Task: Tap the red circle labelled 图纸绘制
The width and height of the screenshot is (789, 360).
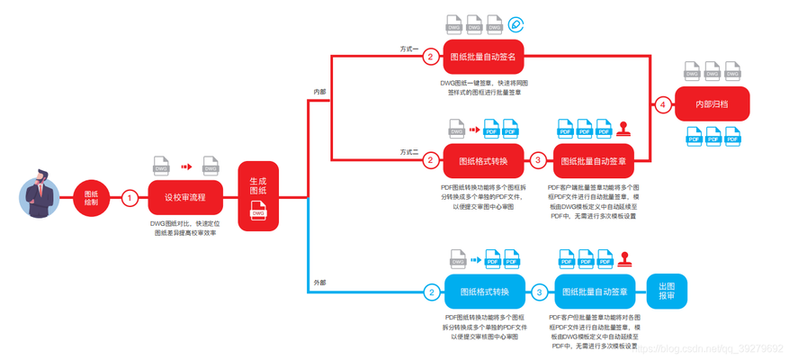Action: [x=91, y=197]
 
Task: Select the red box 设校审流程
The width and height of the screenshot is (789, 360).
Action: [x=184, y=197]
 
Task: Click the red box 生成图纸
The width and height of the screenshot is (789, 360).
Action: [x=258, y=196]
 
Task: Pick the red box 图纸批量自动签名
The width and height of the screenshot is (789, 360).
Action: [x=482, y=57]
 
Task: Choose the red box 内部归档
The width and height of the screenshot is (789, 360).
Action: [x=712, y=105]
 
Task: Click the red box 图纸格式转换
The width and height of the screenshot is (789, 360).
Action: [x=483, y=161]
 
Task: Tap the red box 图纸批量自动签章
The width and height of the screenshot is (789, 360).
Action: [x=593, y=161]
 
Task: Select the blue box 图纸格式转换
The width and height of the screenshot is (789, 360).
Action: [x=485, y=292]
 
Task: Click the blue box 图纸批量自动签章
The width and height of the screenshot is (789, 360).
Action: [x=595, y=292]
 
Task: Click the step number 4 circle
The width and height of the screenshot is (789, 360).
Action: [x=663, y=105]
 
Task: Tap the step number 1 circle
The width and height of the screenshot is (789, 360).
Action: [x=130, y=197]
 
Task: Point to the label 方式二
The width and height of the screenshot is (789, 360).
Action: [x=409, y=151]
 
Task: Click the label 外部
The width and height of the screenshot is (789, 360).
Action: [x=319, y=283]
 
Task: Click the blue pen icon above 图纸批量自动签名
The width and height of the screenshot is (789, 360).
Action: [x=516, y=24]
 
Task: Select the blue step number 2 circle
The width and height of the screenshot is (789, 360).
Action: [x=432, y=292]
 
